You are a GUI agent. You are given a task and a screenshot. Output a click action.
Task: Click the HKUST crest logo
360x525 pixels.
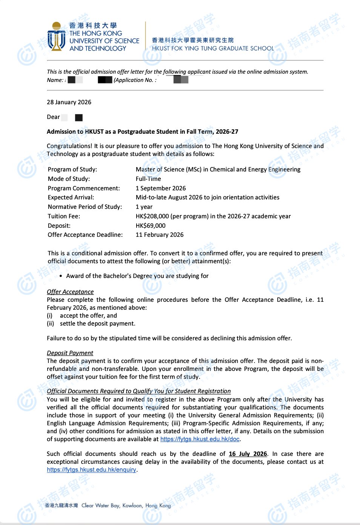tap(57, 37)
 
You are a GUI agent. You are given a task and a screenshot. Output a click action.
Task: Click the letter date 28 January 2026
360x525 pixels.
tap(69, 102)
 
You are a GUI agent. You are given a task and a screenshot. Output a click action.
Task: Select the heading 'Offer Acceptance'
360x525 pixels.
tap(70, 292)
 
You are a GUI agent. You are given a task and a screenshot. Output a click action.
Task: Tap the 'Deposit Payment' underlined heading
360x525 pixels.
tap(70, 353)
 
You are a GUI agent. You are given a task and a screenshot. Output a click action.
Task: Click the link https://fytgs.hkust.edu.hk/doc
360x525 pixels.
tap(200, 439)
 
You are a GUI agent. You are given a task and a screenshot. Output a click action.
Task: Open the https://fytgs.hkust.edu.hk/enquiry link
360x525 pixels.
tap(91, 470)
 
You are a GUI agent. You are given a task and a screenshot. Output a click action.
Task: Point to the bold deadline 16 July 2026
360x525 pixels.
tap(248, 454)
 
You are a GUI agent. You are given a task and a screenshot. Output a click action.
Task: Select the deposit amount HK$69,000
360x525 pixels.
tap(151, 226)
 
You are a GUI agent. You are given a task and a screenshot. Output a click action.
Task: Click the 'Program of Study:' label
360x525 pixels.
tap(72, 170)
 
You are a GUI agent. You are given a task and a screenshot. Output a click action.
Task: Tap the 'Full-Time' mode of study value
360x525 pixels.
tap(148, 179)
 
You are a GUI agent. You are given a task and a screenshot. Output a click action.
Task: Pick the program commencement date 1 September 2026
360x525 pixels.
tap(161, 188)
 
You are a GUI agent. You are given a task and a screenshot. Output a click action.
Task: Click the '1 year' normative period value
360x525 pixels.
tap(144, 207)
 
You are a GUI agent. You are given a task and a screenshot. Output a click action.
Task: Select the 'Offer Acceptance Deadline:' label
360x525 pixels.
tap(85, 235)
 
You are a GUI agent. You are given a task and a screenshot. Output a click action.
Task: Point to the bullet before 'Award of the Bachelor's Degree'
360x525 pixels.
tap(61, 276)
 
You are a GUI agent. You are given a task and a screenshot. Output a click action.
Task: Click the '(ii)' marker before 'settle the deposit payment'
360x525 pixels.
tap(51, 324)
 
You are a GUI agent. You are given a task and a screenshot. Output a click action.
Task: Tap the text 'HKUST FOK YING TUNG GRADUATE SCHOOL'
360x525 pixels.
tap(213, 48)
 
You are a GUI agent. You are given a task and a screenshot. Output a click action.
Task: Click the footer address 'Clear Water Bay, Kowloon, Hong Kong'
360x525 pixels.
tap(126, 506)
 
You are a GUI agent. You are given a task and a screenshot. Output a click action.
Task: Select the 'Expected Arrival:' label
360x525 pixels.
tap(71, 198)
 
